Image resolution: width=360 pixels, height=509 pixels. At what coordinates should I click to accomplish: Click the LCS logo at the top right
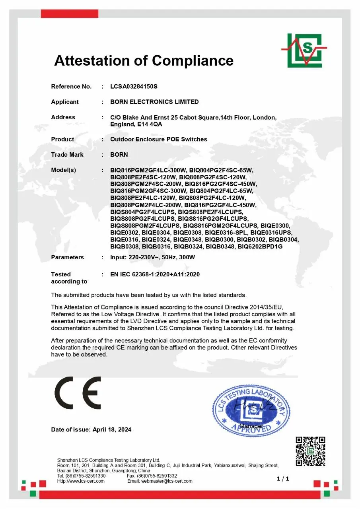(x=304, y=51)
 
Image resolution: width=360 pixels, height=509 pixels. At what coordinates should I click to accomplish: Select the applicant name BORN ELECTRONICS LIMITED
(x=154, y=102)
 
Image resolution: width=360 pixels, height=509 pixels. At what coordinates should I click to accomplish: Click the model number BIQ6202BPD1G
(x=260, y=247)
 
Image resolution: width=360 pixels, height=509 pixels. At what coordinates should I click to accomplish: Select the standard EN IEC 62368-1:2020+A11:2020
(x=155, y=274)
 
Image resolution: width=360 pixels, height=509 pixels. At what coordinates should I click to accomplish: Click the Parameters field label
(x=67, y=257)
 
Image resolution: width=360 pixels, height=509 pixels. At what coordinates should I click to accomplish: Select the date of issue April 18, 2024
(x=112, y=429)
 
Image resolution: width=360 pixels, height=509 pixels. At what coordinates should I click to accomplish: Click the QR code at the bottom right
(x=310, y=451)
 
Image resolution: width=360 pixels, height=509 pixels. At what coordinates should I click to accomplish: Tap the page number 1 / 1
(x=283, y=479)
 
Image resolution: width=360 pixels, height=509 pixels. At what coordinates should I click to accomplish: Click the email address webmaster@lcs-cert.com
(x=167, y=481)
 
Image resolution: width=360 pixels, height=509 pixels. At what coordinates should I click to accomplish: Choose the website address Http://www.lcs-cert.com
(x=81, y=481)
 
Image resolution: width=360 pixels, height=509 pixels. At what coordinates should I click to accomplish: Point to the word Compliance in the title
(x=193, y=60)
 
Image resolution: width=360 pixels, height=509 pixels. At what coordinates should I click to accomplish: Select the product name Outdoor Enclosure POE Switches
(x=158, y=139)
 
